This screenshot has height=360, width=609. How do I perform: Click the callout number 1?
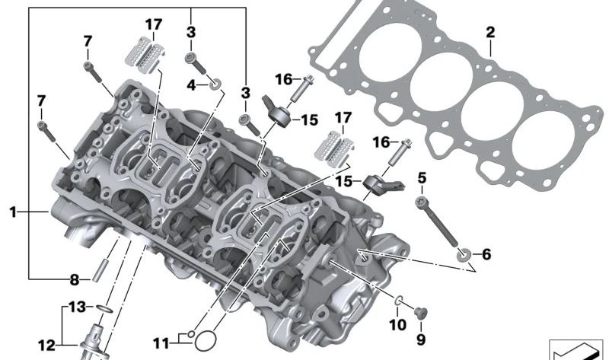13,213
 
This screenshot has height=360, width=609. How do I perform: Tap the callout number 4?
192,84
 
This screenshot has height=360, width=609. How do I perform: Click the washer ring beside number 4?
215,84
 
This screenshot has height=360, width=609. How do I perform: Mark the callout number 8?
75,279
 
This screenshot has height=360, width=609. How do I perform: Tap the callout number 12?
46,346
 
